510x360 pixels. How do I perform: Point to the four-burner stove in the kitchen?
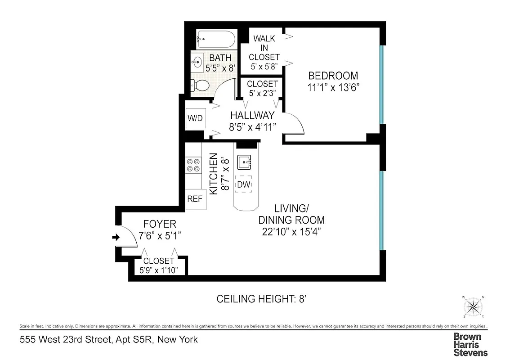[x=193, y=165]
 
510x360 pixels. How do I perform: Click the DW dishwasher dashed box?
[x=244, y=184]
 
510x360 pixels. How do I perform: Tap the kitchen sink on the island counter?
[x=245, y=161]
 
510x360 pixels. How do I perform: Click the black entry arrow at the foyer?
[x=116, y=237]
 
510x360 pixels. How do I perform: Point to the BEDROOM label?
[x=333, y=76]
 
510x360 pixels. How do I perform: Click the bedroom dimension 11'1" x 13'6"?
[x=333, y=88]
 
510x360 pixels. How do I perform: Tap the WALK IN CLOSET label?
[x=264, y=48]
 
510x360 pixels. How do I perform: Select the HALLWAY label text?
[x=252, y=116]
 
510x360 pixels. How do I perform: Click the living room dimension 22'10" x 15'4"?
[x=291, y=232]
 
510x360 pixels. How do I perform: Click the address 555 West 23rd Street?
[x=108, y=339]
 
